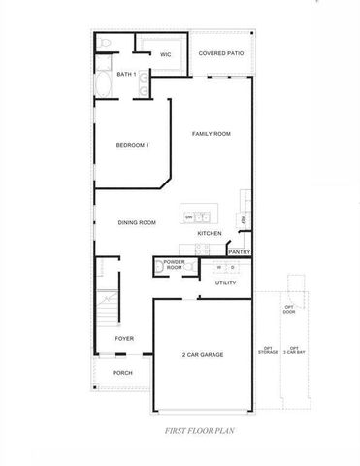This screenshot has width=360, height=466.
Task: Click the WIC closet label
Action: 166,54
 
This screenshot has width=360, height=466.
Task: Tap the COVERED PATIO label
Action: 220,54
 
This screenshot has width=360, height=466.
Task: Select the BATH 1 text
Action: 124,74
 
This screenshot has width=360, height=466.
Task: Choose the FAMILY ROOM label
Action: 211,133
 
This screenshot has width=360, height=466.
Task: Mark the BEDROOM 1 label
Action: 132,145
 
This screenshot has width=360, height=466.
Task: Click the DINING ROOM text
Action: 137,222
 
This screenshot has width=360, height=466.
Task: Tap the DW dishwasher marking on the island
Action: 188,216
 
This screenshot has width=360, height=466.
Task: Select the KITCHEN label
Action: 210,233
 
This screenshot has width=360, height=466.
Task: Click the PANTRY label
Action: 240,251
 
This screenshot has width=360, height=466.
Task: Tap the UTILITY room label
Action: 224,283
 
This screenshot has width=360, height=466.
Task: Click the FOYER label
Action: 124,338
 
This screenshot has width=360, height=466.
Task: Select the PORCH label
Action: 122,372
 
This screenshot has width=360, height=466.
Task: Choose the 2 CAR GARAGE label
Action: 203,355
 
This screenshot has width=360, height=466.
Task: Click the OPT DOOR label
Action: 289,310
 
